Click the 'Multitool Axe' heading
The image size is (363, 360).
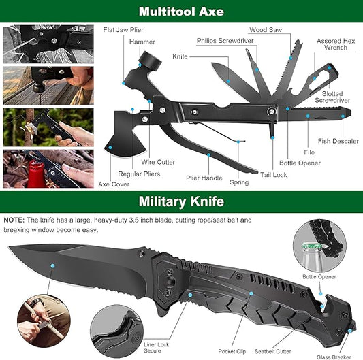(181, 11)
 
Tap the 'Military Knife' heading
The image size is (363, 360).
(181, 201)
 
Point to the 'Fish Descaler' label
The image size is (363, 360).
(337, 142)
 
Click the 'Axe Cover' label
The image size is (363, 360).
(113, 184)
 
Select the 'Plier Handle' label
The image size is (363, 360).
(204, 178)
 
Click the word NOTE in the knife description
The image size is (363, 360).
(13, 220)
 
